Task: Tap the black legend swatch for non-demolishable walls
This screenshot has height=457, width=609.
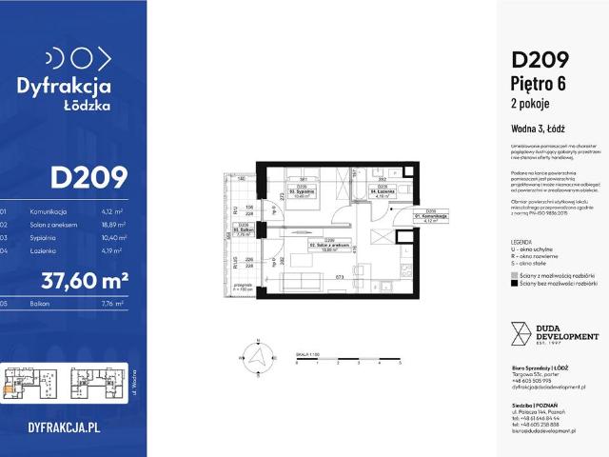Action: (x=514, y=283)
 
